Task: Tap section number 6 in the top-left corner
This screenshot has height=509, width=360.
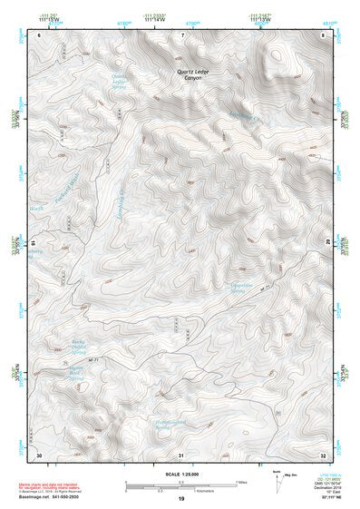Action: pos(39,34)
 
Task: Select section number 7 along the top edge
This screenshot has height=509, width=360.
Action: pos(183,34)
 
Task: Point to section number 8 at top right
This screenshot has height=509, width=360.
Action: pos(324,34)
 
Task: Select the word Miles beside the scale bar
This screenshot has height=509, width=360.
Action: pos(241,482)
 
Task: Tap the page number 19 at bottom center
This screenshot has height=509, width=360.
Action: pos(181,499)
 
